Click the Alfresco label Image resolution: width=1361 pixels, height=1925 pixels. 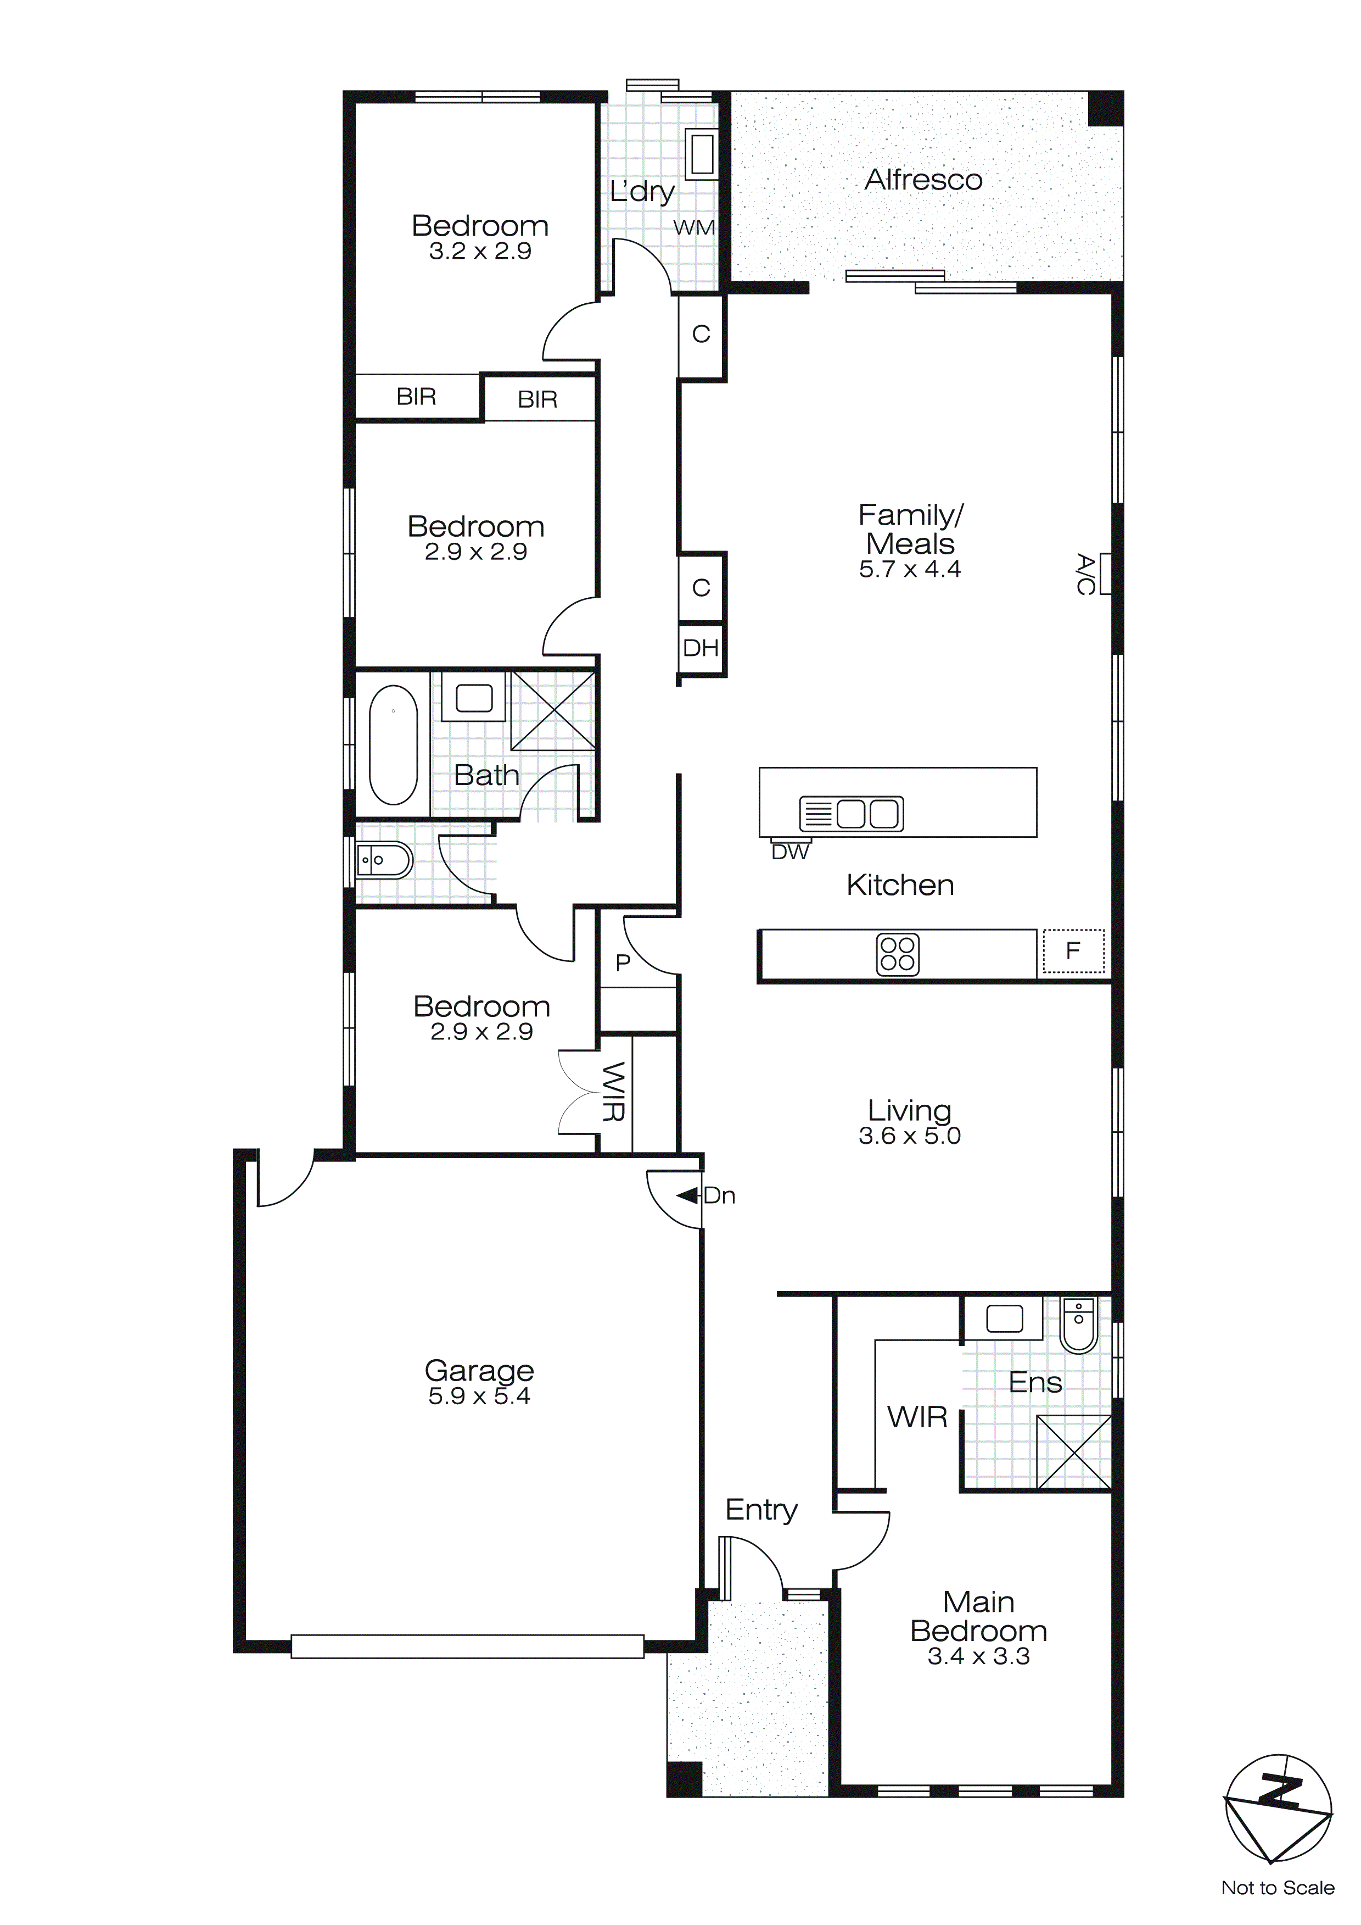click(923, 180)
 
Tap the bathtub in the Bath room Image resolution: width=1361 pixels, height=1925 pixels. click(393, 745)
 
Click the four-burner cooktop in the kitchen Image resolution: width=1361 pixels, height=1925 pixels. click(898, 954)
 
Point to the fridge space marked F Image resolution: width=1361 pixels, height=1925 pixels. click(1073, 951)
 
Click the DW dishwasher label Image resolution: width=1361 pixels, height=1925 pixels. click(789, 853)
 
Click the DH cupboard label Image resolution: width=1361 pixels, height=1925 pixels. click(701, 648)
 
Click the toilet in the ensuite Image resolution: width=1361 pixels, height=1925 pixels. click(1079, 1326)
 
